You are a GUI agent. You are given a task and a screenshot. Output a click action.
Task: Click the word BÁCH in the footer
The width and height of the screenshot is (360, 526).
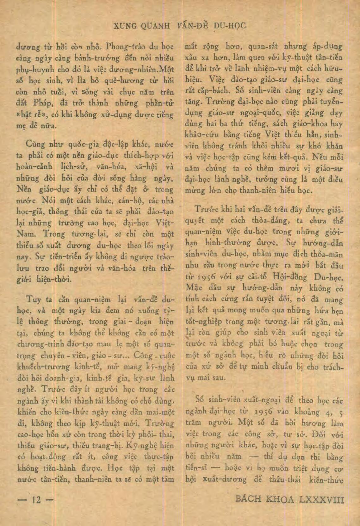click(249, 499)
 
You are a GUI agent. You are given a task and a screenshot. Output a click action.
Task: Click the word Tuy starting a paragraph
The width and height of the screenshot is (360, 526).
click(34, 299)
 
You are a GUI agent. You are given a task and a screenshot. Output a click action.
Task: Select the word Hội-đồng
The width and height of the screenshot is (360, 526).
click(290, 277)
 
